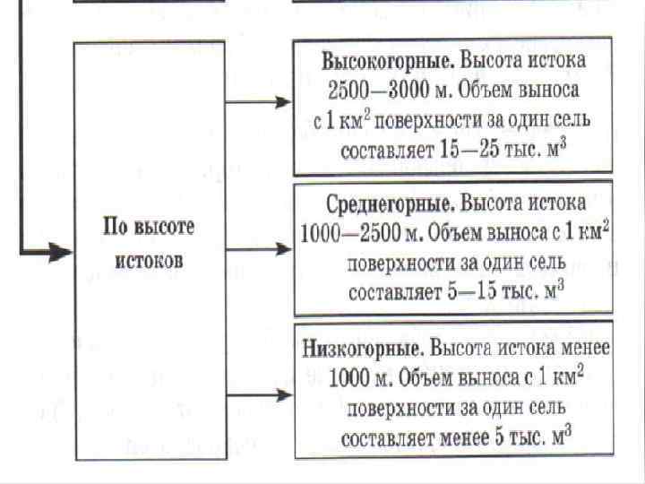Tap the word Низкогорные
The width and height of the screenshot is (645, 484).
(364, 347)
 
